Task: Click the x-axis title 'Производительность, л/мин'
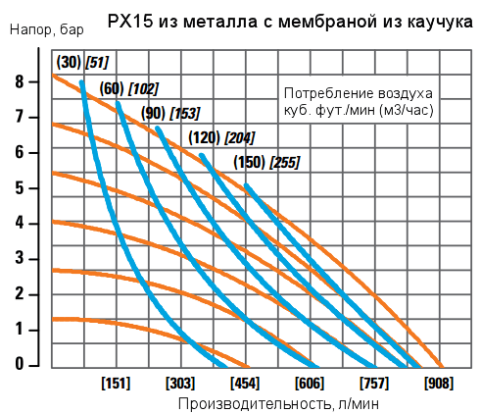pyautogui.click(x=278, y=403)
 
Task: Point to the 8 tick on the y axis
pyautogui.click(x=20, y=81)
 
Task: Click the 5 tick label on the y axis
pyautogui.click(x=20, y=187)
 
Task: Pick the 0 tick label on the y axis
pyautogui.click(x=20, y=364)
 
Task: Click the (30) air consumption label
pyautogui.click(x=68, y=63)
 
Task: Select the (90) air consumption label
pyautogui.click(x=154, y=112)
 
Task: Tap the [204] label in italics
pyautogui.click(x=241, y=137)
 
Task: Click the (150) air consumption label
pyautogui.click(x=249, y=162)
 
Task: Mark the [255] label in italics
pyautogui.click(x=284, y=162)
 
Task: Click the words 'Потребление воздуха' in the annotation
pyautogui.click(x=357, y=93)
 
